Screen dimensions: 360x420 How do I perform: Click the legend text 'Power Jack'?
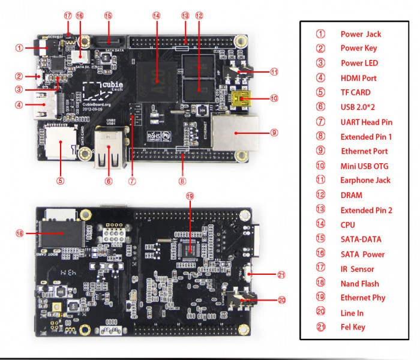point(361,34)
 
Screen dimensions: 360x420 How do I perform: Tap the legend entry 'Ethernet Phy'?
point(363,298)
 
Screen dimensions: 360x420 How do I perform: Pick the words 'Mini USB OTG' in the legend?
point(365,166)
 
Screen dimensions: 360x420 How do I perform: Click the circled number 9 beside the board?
point(275,133)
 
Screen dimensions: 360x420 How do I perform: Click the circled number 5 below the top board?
point(60,179)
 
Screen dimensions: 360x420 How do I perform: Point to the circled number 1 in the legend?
point(320,34)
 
